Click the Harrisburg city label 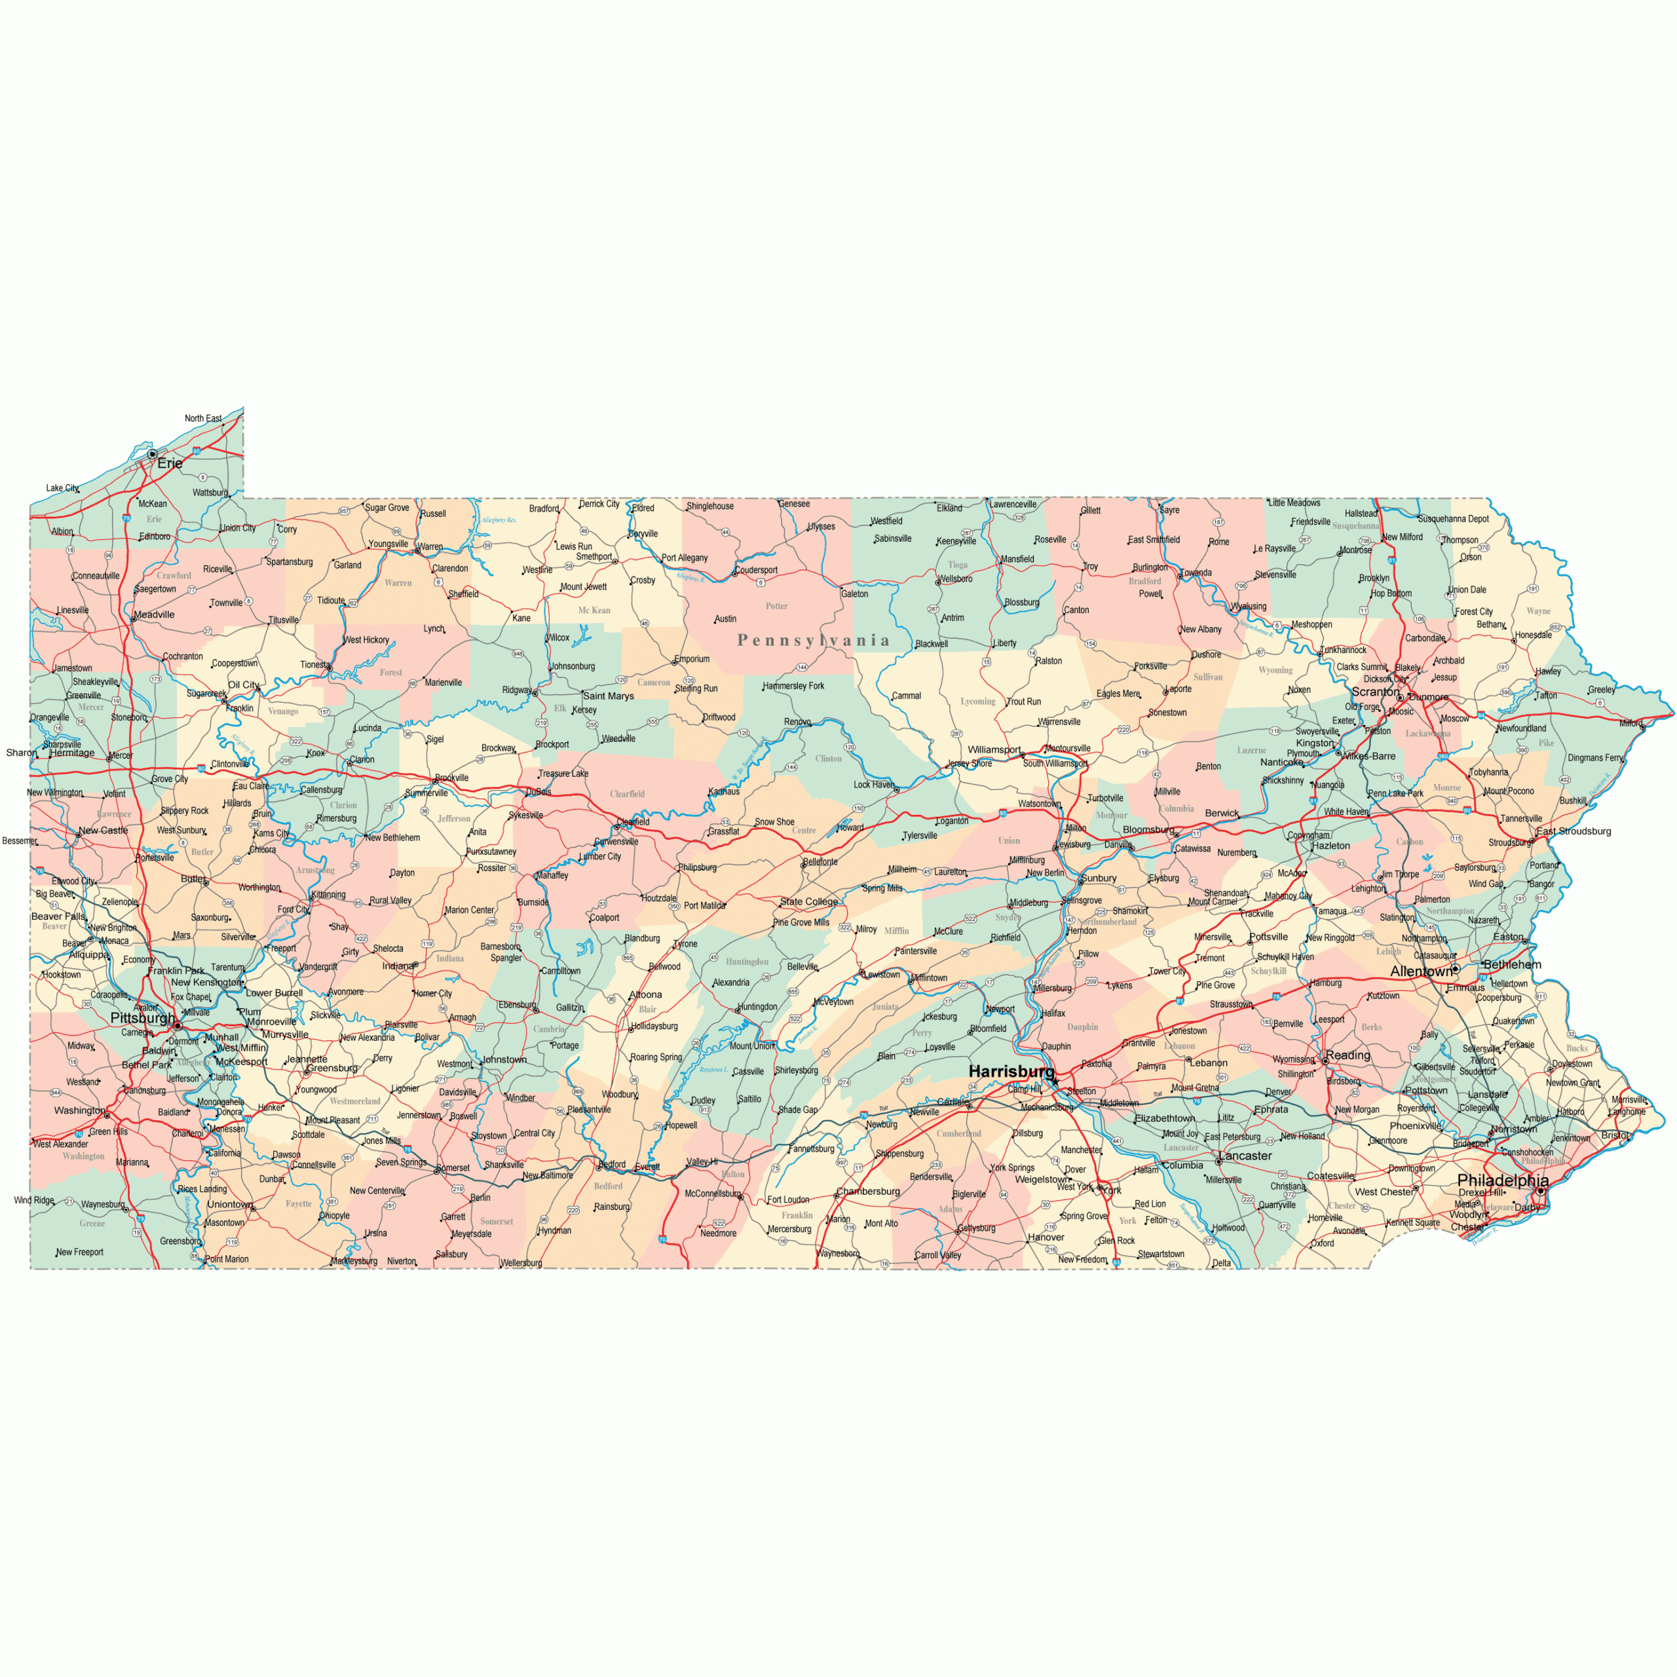coord(1010,1071)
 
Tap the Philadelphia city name coord(1503,1180)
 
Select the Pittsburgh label coord(142,1017)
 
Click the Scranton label coord(1375,692)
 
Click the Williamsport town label coord(994,749)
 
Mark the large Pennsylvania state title coord(814,641)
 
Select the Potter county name coord(776,606)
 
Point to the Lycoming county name coord(977,702)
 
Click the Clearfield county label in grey coord(627,793)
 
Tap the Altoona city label coord(645,995)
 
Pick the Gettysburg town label coord(977,1228)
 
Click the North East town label coord(202,419)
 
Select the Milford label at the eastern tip coord(1630,723)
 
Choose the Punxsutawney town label coord(491,852)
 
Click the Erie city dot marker coord(153,454)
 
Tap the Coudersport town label coord(756,571)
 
